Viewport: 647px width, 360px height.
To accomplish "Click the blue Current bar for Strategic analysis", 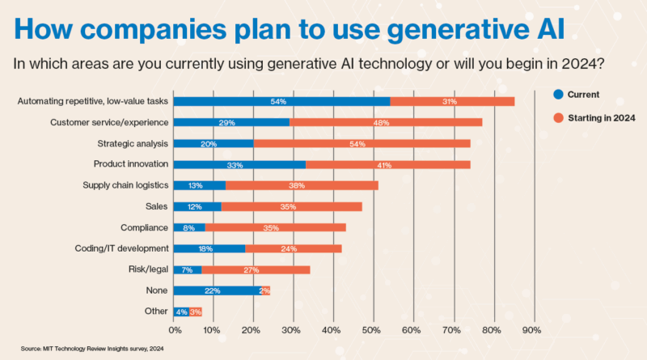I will coord(214,143).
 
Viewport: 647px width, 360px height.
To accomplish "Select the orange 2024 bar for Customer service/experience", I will coord(386,122).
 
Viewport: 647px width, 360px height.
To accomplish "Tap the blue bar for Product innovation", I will coord(239,164).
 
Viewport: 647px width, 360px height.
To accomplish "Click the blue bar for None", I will coord(217,290).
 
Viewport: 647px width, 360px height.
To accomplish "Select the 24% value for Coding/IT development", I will coord(293,248).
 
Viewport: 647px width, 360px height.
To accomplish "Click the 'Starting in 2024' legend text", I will coord(602,117).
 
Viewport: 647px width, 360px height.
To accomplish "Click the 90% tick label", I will coord(531,330).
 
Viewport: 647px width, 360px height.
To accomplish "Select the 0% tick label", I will coord(174,330).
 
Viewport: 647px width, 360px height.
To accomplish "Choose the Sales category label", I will coord(157,206).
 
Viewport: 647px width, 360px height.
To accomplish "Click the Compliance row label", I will coord(144,227).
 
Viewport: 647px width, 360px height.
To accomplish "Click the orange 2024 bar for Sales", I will coord(291,206).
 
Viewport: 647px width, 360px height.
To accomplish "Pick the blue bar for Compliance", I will coord(189,227).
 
